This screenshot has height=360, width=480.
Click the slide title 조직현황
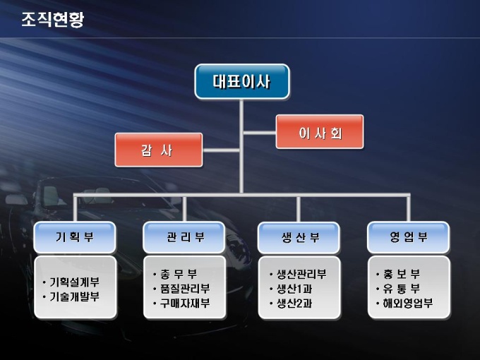(x=52, y=20)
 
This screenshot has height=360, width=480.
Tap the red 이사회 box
(x=320, y=132)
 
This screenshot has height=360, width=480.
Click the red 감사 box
(x=158, y=150)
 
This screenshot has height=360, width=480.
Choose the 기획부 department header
(x=75, y=237)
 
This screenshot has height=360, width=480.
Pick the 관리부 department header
(x=185, y=237)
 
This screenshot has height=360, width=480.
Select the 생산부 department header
(x=299, y=238)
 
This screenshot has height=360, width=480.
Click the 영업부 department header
(x=409, y=237)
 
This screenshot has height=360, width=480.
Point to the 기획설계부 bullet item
(x=74, y=282)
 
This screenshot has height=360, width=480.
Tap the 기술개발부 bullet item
(x=74, y=296)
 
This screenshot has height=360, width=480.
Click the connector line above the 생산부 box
(x=299, y=209)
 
